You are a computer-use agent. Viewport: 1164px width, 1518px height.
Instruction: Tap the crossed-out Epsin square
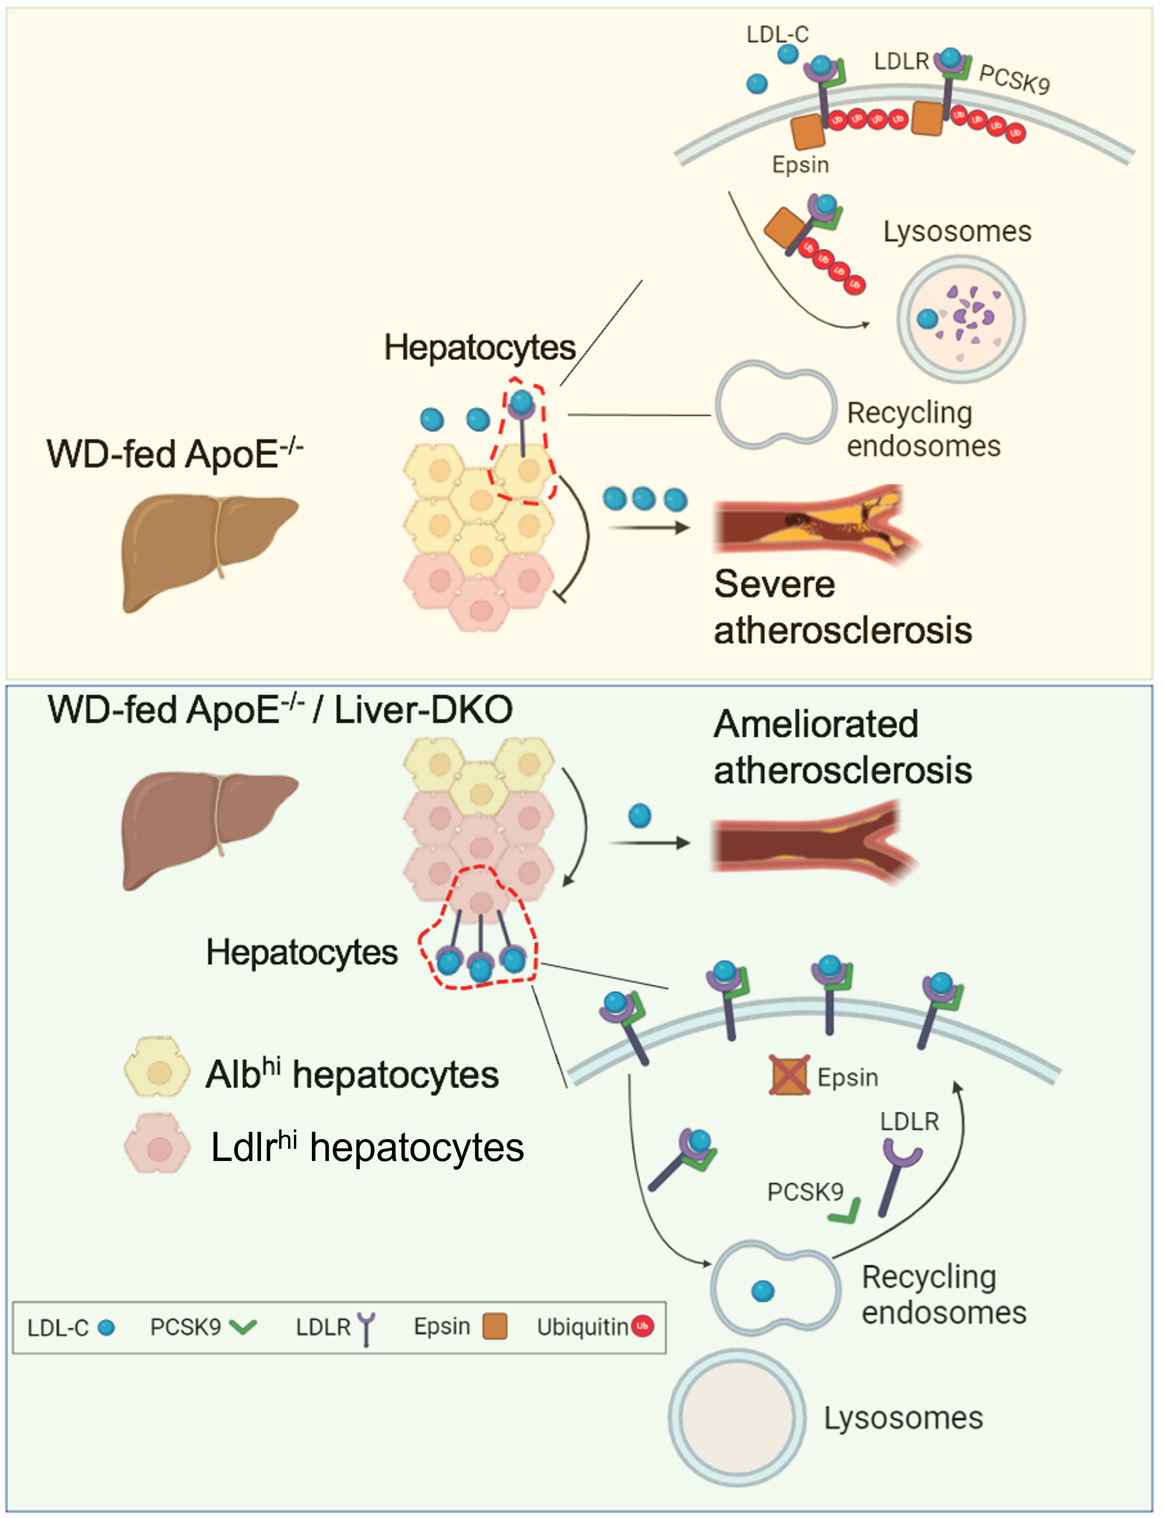point(789,1075)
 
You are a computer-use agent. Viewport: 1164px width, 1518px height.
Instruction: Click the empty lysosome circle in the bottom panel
point(736,1417)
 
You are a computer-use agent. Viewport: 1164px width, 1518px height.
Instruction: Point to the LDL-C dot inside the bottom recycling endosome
point(763,1292)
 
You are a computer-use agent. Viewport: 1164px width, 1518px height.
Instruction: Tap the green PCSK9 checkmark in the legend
point(243,1327)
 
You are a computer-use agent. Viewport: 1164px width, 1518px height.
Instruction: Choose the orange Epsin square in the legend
point(495,1326)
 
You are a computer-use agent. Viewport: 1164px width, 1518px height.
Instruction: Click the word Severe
point(774,584)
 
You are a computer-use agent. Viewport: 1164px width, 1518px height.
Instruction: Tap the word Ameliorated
point(816,724)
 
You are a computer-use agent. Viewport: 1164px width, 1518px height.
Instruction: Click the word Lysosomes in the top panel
point(957,231)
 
